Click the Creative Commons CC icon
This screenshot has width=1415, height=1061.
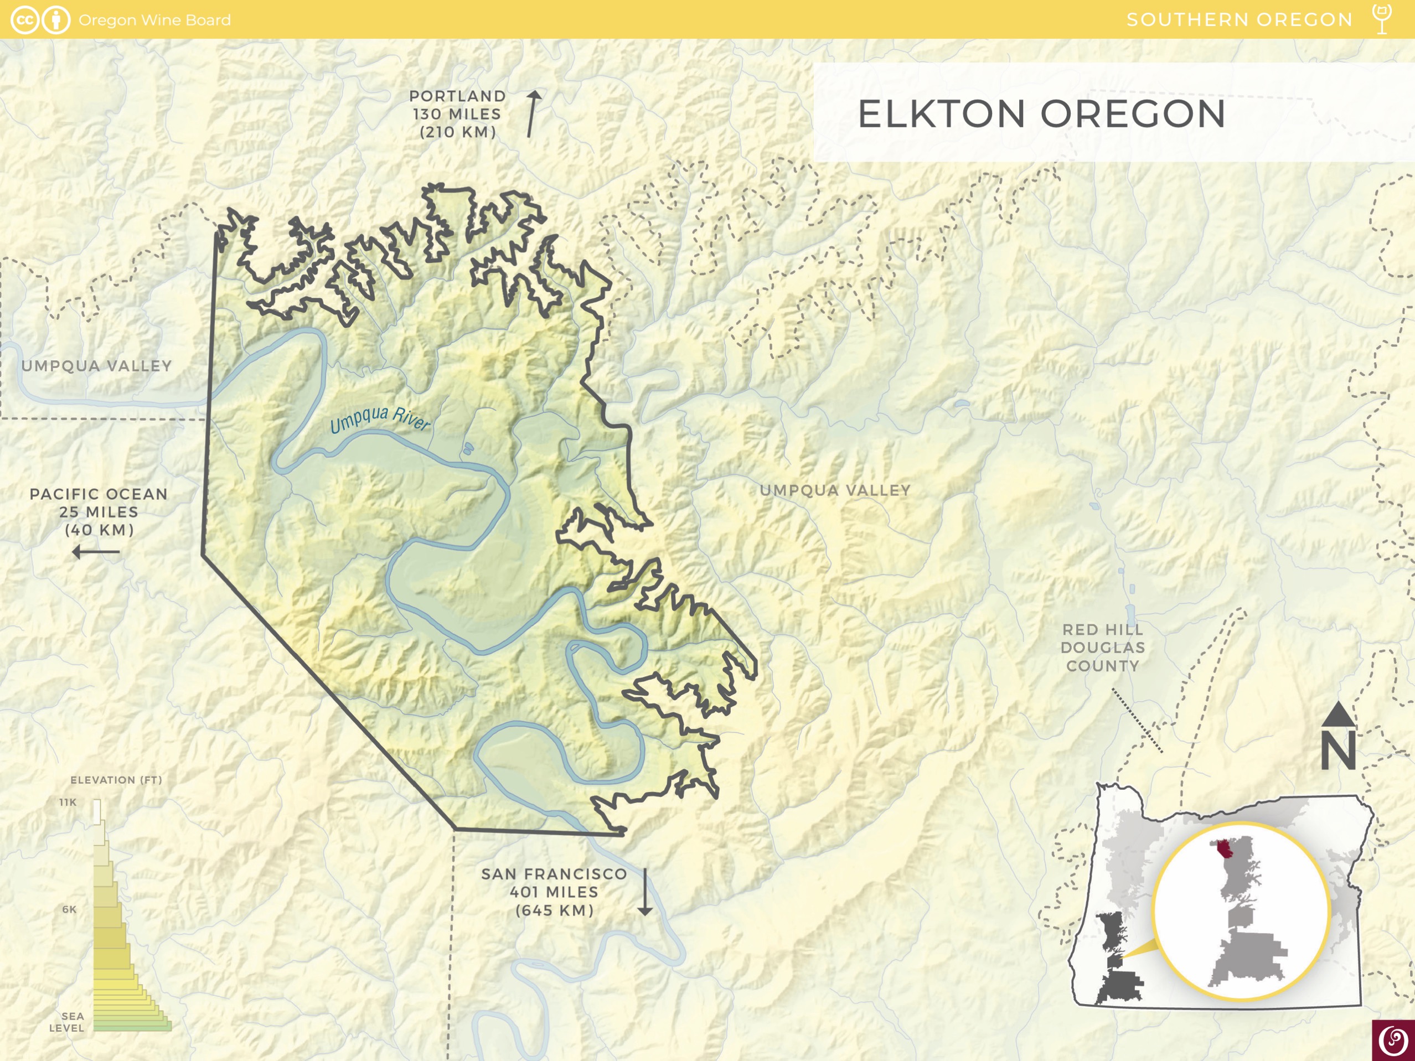pyautogui.click(x=24, y=20)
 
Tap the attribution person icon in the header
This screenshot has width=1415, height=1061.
pyautogui.click(x=56, y=20)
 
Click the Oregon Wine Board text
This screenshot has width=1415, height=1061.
pyautogui.click(x=154, y=20)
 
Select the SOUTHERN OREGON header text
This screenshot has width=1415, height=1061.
pyautogui.click(x=1239, y=20)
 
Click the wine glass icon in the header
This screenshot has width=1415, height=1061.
pyautogui.click(x=1382, y=19)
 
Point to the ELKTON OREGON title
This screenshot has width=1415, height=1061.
pyautogui.click(x=1041, y=115)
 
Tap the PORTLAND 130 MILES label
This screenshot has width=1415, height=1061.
pyautogui.click(x=457, y=114)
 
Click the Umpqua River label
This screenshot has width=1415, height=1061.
pyautogui.click(x=380, y=419)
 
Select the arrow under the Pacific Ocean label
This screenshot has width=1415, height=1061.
pyautogui.click(x=96, y=551)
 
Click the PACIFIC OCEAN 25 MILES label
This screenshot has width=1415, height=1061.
pyautogui.click(x=99, y=511)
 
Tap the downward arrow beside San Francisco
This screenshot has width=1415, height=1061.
pyautogui.click(x=645, y=892)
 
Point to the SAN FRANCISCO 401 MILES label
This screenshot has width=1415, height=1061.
pyautogui.click(x=554, y=892)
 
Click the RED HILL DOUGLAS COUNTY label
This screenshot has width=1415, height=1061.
pyautogui.click(x=1102, y=647)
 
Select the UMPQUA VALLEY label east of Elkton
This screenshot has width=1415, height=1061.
pyautogui.click(x=835, y=490)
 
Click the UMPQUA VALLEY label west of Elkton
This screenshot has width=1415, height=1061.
pyautogui.click(x=96, y=366)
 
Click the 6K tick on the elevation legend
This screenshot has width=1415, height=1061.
pyautogui.click(x=69, y=909)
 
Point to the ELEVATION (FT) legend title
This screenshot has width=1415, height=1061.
pyautogui.click(x=116, y=780)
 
